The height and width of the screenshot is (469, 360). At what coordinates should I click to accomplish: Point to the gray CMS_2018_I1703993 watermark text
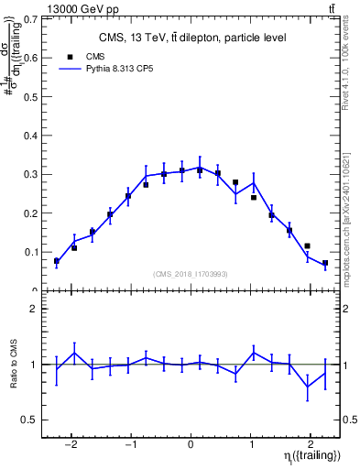[191, 274]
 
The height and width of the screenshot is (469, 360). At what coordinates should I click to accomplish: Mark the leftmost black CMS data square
[57, 261]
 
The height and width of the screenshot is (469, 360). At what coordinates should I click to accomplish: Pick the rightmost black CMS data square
[325, 263]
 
